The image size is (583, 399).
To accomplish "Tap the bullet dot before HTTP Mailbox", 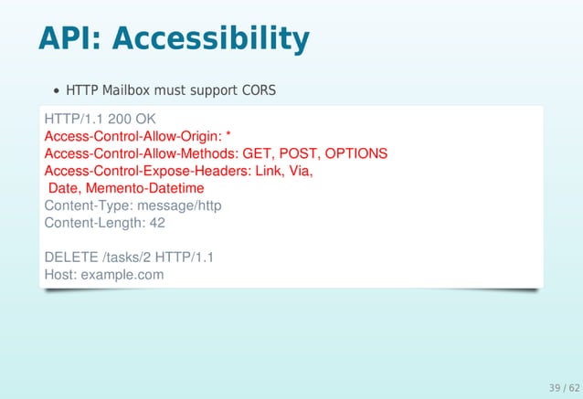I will point(57,91).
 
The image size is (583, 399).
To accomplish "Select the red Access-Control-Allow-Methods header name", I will point(134,153).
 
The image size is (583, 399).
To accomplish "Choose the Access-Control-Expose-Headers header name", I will point(142,171).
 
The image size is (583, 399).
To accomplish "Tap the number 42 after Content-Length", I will point(156,223).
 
